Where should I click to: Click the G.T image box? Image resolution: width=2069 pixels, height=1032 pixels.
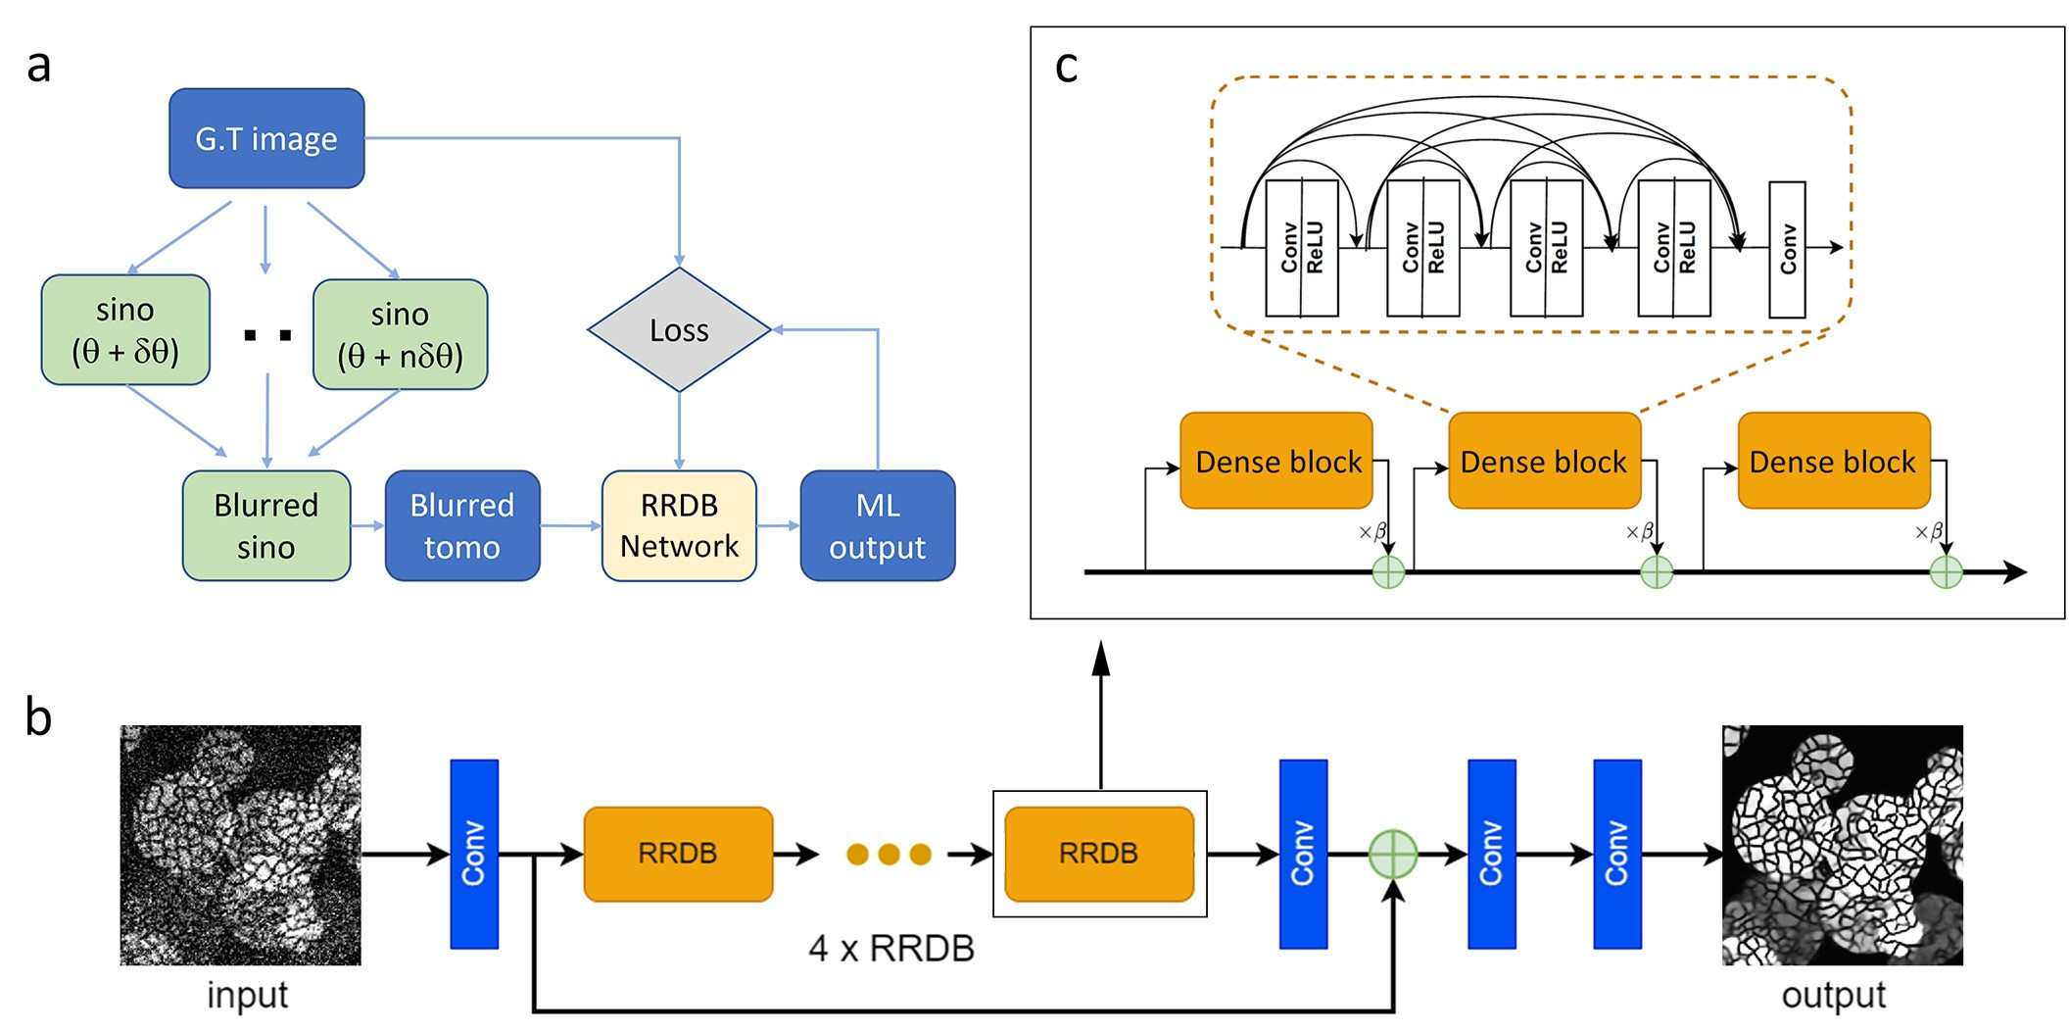(266, 138)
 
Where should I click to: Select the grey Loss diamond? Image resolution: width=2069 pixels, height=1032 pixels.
(679, 330)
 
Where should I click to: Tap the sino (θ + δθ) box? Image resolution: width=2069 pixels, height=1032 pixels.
(125, 330)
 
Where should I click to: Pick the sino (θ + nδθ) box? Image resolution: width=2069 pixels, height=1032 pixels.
(400, 334)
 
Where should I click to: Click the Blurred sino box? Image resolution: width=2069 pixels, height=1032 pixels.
(266, 525)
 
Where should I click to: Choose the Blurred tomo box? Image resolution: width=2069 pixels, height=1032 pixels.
(462, 525)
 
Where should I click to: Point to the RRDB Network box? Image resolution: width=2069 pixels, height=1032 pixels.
(679, 525)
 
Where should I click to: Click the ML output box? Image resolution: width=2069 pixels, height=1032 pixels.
(878, 525)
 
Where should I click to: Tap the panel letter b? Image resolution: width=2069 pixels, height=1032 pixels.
(38, 716)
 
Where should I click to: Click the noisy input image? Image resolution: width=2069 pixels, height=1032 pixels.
(240, 845)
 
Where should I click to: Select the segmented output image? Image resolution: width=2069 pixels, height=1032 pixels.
(1843, 845)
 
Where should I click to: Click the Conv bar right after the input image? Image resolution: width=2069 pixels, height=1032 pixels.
(474, 854)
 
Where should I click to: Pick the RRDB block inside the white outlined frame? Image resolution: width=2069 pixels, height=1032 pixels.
(1099, 854)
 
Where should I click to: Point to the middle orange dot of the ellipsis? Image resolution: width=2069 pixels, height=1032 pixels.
(889, 855)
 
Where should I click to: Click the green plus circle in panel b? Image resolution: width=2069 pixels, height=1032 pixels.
(1392, 854)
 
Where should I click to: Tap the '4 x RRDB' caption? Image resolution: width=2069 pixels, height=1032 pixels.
(891, 949)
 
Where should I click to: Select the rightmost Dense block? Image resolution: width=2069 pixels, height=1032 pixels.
(1834, 461)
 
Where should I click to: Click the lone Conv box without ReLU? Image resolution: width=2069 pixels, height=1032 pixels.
(1787, 249)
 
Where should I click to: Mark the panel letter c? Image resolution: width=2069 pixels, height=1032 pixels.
(1066, 67)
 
